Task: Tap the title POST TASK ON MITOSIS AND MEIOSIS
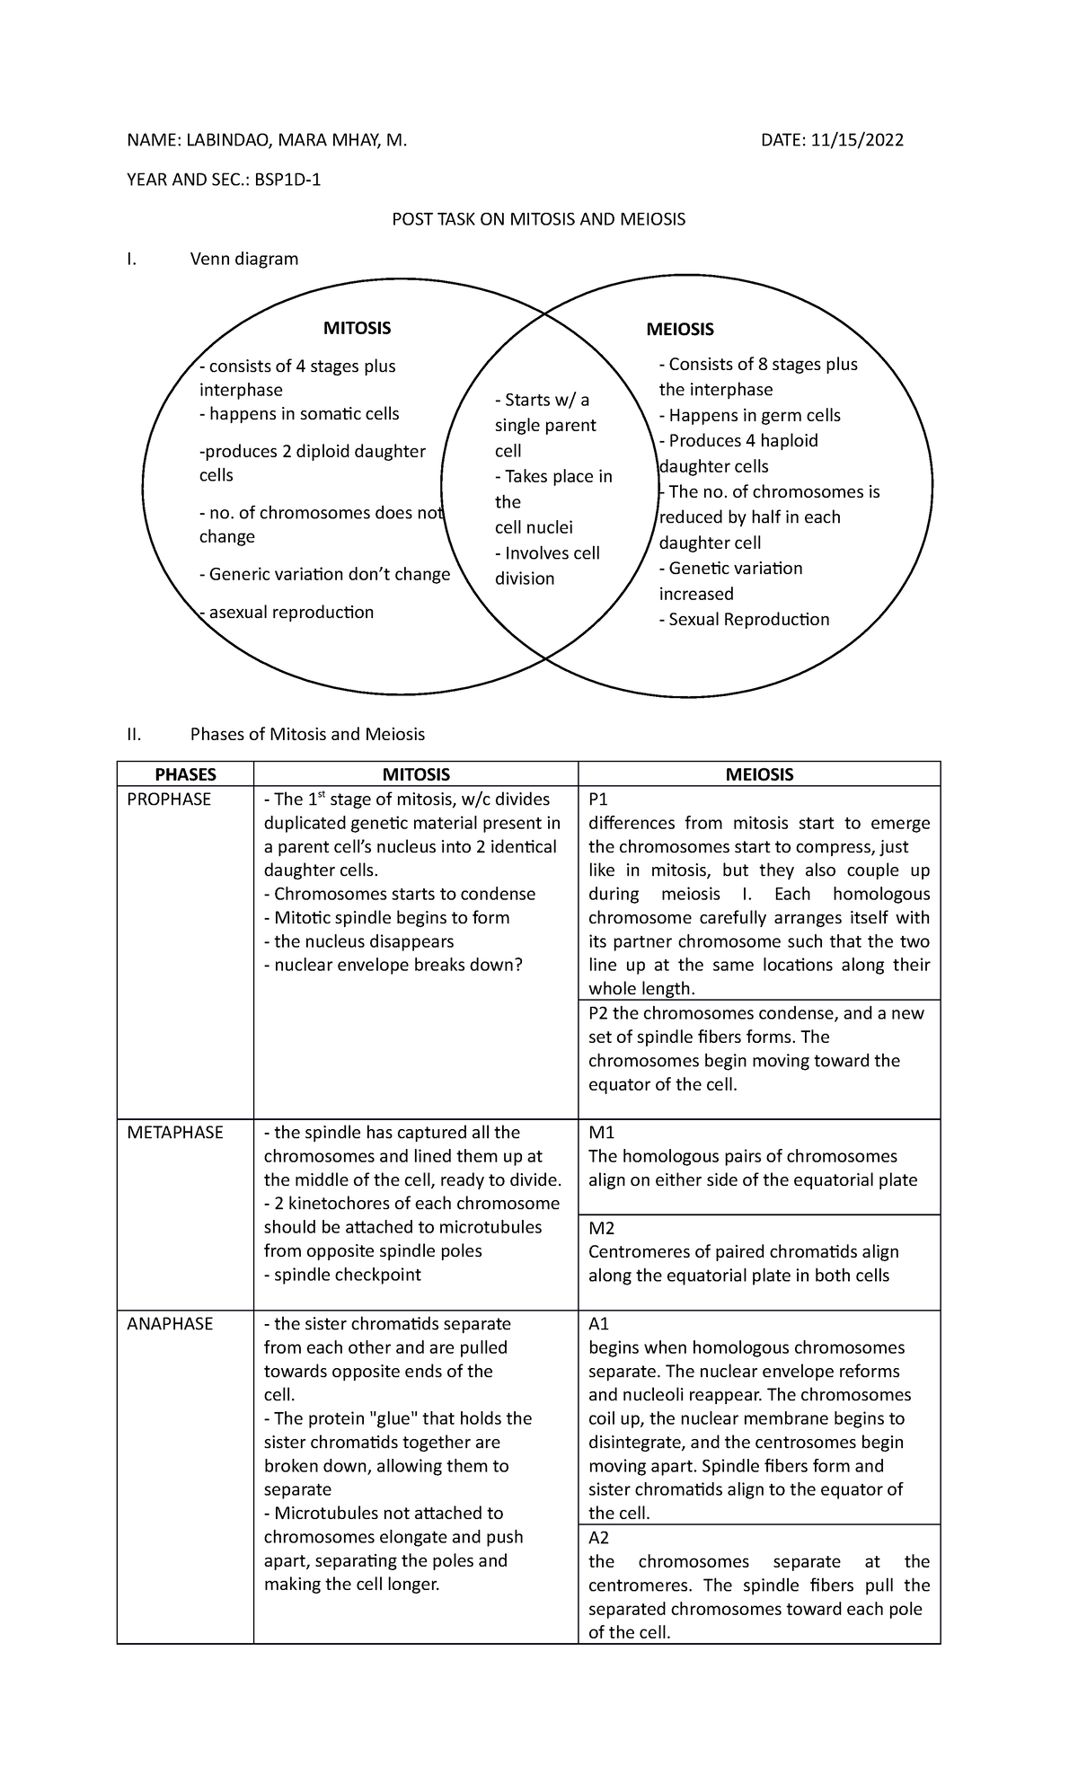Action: pyautogui.click(x=538, y=219)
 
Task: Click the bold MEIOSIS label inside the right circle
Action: pyautogui.click(x=680, y=330)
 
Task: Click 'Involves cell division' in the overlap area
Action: pyautogui.click(x=547, y=566)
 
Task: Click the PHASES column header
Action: pyautogui.click(x=185, y=774)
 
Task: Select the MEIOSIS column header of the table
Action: pyautogui.click(x=759, y=774)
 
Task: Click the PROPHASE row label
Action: pyautogui.click(x=169, y=799)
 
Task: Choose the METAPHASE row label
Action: pyautogui.click(x=174, y=1133)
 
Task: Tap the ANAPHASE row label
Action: pyautogui.click(x=170, y=1324)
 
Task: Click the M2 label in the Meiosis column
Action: pyautogui.click(x=601, y=1228)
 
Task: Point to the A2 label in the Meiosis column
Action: pyautogui.click(x=598, y=1538)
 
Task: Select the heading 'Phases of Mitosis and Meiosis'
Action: pyautogui.click(x=307, y=735)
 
